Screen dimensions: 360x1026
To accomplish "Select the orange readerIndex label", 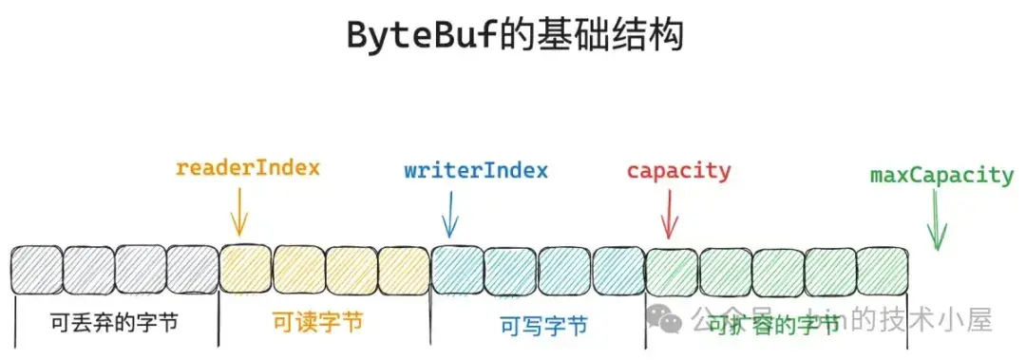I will click(x=248, y=168).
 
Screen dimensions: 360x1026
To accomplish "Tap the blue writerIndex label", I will click(x=476, y=171).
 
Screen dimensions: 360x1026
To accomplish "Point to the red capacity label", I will click(x=678, y=172).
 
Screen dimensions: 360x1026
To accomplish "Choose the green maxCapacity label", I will click(x=941, y=175).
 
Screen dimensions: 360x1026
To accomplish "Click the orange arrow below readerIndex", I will click(x=239, y=211).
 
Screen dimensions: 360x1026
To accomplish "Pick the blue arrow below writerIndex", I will click(x=450, y=215).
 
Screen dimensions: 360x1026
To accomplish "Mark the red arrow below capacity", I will click(x=670, y=215).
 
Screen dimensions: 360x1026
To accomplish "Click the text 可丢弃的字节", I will click(x=115, y=323).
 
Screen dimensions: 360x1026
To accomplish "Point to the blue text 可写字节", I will click(x=543, y=326).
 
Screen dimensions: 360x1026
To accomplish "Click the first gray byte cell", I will click(x=36, y=271).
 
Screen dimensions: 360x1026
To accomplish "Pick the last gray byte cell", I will click(x=193, y=271).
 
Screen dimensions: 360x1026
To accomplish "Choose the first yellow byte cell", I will click(x=246, y=271).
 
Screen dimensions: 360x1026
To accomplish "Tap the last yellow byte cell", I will click(x=404, y=271).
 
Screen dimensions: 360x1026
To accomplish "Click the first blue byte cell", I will click(x=458, y=271).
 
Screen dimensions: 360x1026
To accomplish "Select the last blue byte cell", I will click(x=618, y=271).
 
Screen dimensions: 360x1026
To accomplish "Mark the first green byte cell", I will click(x=672, y=272).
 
